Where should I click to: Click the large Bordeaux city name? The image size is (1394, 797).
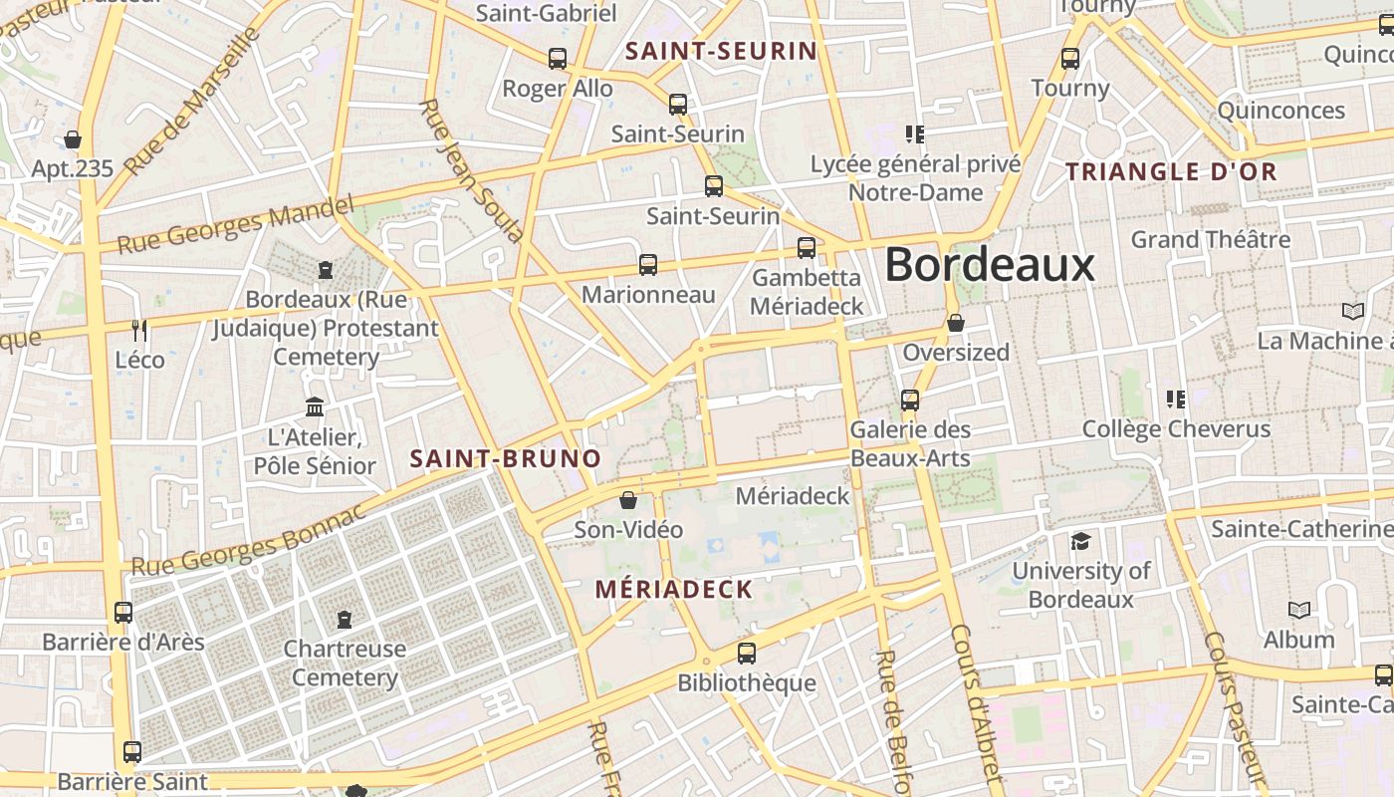(990, 265)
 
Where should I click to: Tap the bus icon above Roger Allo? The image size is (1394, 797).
(558, 59)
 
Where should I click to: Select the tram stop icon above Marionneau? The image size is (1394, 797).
(648, 265)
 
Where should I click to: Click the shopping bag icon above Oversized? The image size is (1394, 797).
(956, 323)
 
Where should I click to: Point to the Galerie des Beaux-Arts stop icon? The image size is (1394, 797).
(910, 400)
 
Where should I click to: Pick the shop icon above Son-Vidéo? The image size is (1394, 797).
(628, 500)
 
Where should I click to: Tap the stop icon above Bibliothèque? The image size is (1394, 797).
(747, 654)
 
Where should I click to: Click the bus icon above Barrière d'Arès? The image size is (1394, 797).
(123, 613)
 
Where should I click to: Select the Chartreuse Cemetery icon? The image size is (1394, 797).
(345, 620)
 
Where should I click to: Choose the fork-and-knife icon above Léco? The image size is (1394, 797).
(139, 330)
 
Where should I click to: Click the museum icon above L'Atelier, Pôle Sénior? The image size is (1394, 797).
(316, 407)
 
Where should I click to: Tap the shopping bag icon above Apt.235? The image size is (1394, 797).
(73, 139)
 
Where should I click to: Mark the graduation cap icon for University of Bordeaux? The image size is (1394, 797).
(1080, 542)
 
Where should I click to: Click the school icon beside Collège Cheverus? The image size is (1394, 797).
(1176, 399)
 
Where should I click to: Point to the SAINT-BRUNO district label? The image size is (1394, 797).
(506, 458)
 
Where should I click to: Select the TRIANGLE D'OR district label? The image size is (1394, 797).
(1171, 171)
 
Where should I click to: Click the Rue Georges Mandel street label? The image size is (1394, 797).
(236, 225)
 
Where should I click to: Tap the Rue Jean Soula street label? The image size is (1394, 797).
(471, 171)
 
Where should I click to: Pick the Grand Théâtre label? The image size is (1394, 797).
(1211, 239)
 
